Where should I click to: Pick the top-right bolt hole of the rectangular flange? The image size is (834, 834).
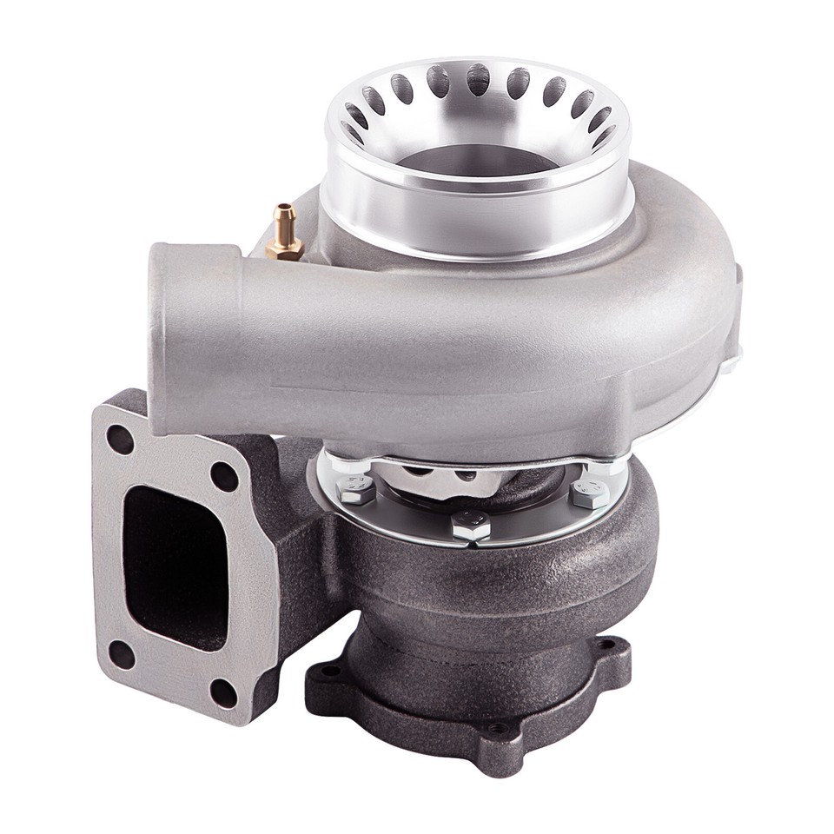pos(224,476)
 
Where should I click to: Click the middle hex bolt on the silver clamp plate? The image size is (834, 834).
pos(470,526)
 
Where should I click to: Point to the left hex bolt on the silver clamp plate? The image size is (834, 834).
pos(355,492)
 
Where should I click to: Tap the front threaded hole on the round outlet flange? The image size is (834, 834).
pos(496,729)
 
